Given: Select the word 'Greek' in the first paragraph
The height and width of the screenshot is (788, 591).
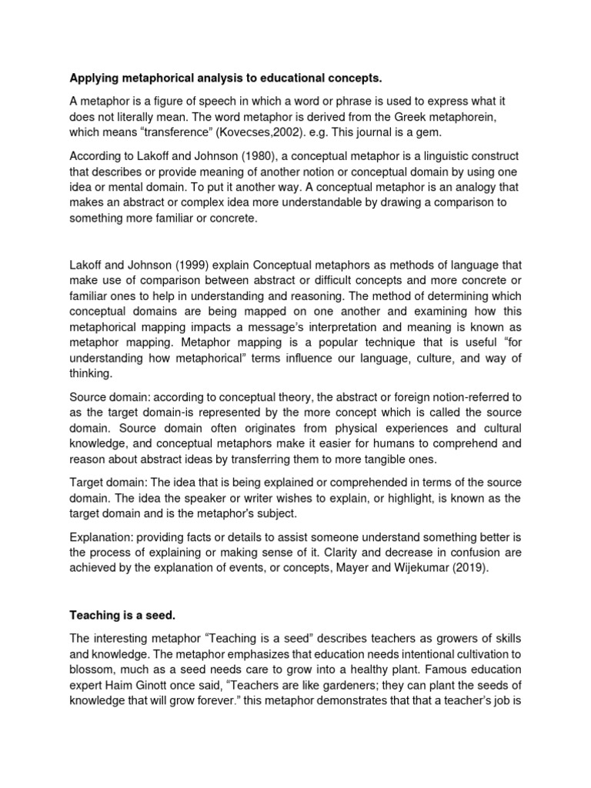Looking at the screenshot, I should [x=411, y=117].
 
